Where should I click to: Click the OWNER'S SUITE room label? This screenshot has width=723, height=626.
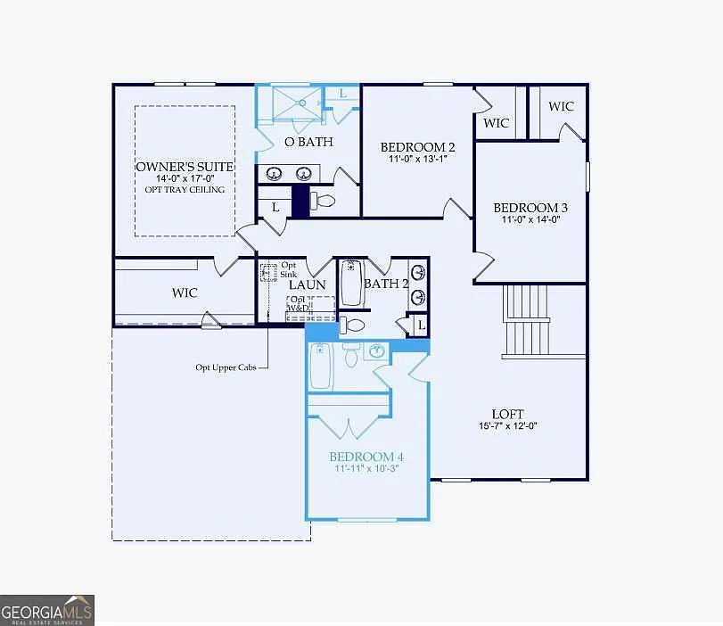185,167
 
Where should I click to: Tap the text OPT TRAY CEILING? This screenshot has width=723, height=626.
185,189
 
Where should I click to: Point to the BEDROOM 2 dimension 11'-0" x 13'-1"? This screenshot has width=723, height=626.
417,160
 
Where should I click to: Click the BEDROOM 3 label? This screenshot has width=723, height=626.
530,208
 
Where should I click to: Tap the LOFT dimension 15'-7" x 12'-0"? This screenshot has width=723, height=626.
507,426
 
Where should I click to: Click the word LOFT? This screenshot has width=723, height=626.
507,414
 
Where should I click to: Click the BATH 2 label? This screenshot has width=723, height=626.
386,284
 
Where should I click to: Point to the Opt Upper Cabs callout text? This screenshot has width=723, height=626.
226,367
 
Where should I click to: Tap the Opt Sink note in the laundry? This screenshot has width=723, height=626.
289,270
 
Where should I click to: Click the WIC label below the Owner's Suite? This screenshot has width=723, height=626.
185,292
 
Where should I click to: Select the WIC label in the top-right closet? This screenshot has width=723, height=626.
561,106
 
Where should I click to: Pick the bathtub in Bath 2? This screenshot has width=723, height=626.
350,283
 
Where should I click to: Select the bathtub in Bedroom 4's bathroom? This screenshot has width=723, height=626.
320,367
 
